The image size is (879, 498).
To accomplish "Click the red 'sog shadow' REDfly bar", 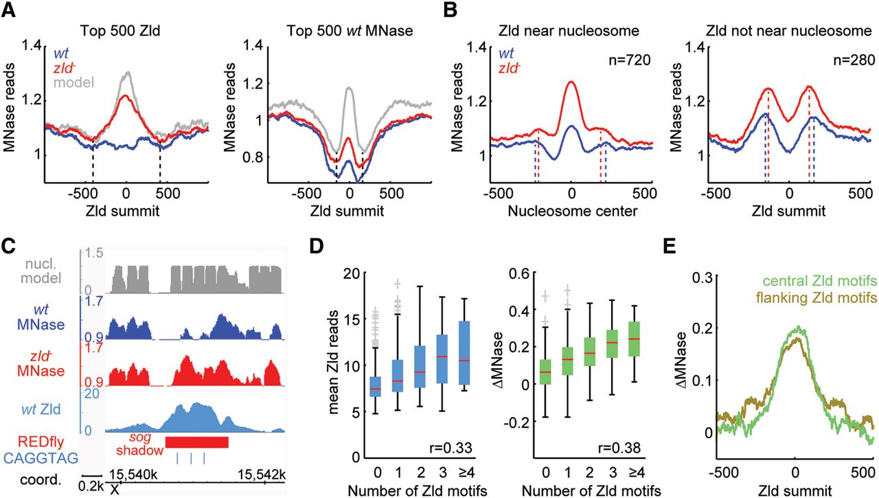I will [x=196, y=441].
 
